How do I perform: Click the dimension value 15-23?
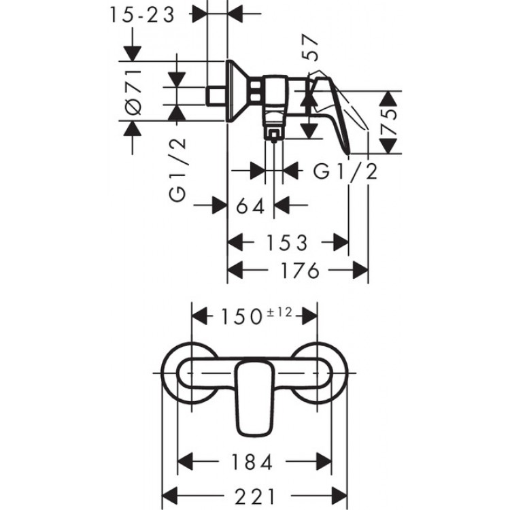coord(141,15)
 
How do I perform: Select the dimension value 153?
coord(286,242)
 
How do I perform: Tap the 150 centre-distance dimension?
coord(239,316)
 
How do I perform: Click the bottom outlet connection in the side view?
coord(273,131)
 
